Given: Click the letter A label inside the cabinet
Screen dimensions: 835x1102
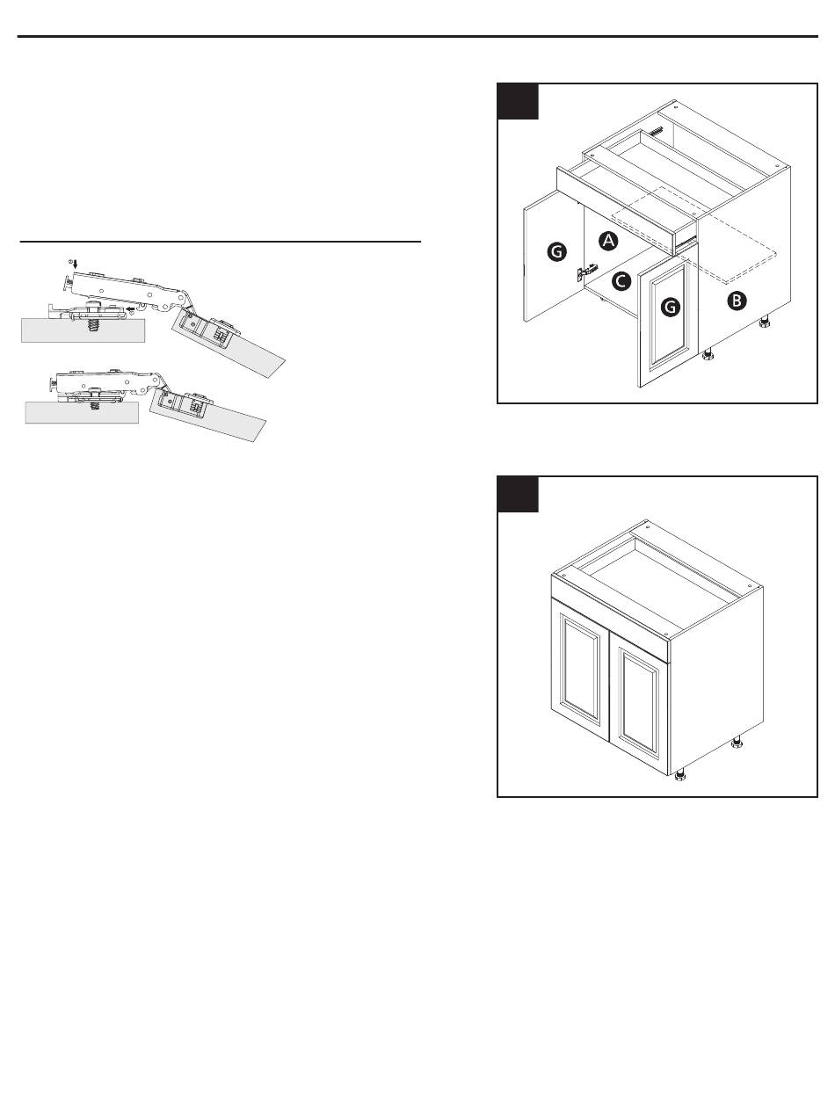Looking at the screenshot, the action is tap(608, 241).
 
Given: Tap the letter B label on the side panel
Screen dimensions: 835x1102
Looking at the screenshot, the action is tap(737, 301).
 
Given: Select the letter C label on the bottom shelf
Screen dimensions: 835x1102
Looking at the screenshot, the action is tap(621, 280).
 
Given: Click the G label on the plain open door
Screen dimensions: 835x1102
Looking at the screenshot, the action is tap(557, 251).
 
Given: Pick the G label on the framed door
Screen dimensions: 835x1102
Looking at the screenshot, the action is tap(671, 306).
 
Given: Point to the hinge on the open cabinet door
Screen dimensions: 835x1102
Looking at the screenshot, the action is tap(586, 272).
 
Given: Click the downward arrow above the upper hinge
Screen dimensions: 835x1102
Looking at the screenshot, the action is tap(76, 264).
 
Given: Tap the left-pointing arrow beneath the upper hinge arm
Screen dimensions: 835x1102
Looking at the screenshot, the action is tap(130, 308).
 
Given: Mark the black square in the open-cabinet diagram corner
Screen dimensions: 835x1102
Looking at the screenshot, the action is tap(518, 102).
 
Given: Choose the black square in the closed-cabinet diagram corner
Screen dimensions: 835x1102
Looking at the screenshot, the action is tap(518, 495).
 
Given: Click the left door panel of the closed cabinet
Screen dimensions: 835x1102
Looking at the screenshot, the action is tap(580, 671).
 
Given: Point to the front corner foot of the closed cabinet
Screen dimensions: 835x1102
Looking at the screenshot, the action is tap(679, 776).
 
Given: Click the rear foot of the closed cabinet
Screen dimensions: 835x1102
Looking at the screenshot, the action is tap(737, 743).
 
